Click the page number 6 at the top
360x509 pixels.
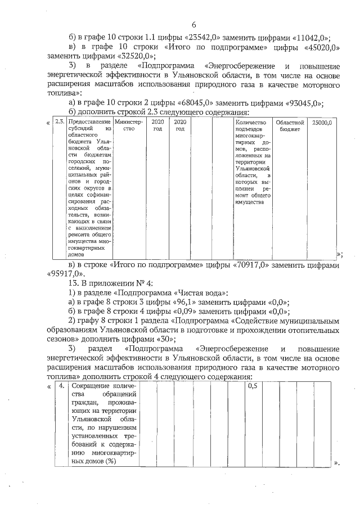click(x=193, y=25)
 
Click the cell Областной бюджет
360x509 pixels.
click(x=290, y=125)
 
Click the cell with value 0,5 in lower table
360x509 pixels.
click(x=252, y=387)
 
